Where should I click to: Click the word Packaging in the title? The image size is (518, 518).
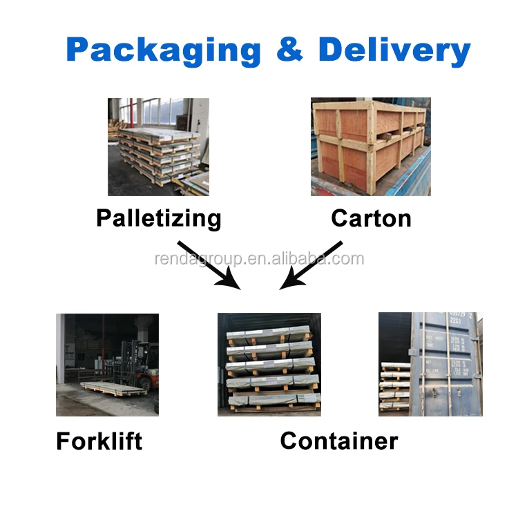click(164, 50)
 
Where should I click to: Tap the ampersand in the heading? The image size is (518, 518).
click(289, 50)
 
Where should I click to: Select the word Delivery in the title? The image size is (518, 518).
click(394, 50)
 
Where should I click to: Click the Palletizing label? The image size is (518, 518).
click(159, 218)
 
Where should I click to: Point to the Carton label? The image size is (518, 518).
click(371, 218)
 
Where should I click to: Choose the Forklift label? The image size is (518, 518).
click(99, 441)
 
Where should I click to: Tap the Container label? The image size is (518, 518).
click(338, 441)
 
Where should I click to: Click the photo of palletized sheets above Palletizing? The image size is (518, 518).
click(158, 146)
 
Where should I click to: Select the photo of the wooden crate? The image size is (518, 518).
click(370, 146)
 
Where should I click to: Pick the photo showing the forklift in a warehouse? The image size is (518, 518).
click(107, 365)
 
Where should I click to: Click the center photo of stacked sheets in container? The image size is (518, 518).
click(269, 365)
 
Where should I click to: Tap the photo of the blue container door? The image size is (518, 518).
click(430, 365)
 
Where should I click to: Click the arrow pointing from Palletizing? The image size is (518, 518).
click(207, 263)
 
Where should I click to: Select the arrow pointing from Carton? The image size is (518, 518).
click(311, 265)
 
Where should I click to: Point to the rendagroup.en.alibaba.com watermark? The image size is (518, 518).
click(258, 259)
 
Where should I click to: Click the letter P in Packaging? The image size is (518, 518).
click(79, 50)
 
